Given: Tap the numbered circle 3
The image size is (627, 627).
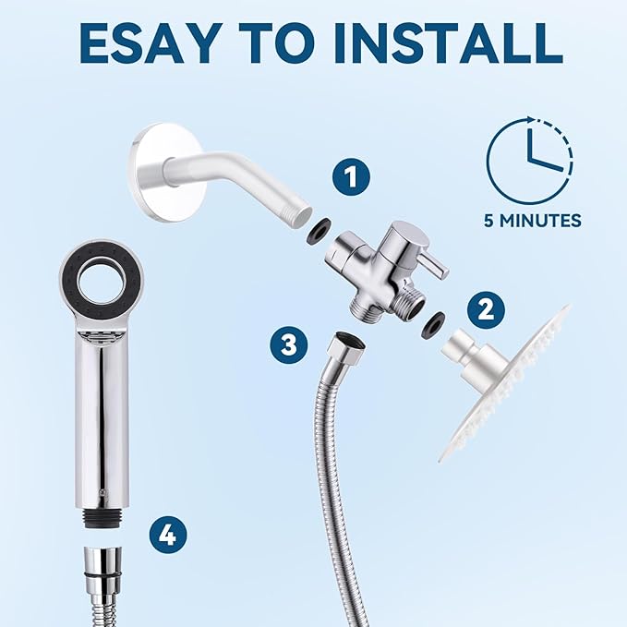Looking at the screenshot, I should click(289, 345).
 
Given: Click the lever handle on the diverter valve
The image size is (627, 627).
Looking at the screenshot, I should click(427, 259).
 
